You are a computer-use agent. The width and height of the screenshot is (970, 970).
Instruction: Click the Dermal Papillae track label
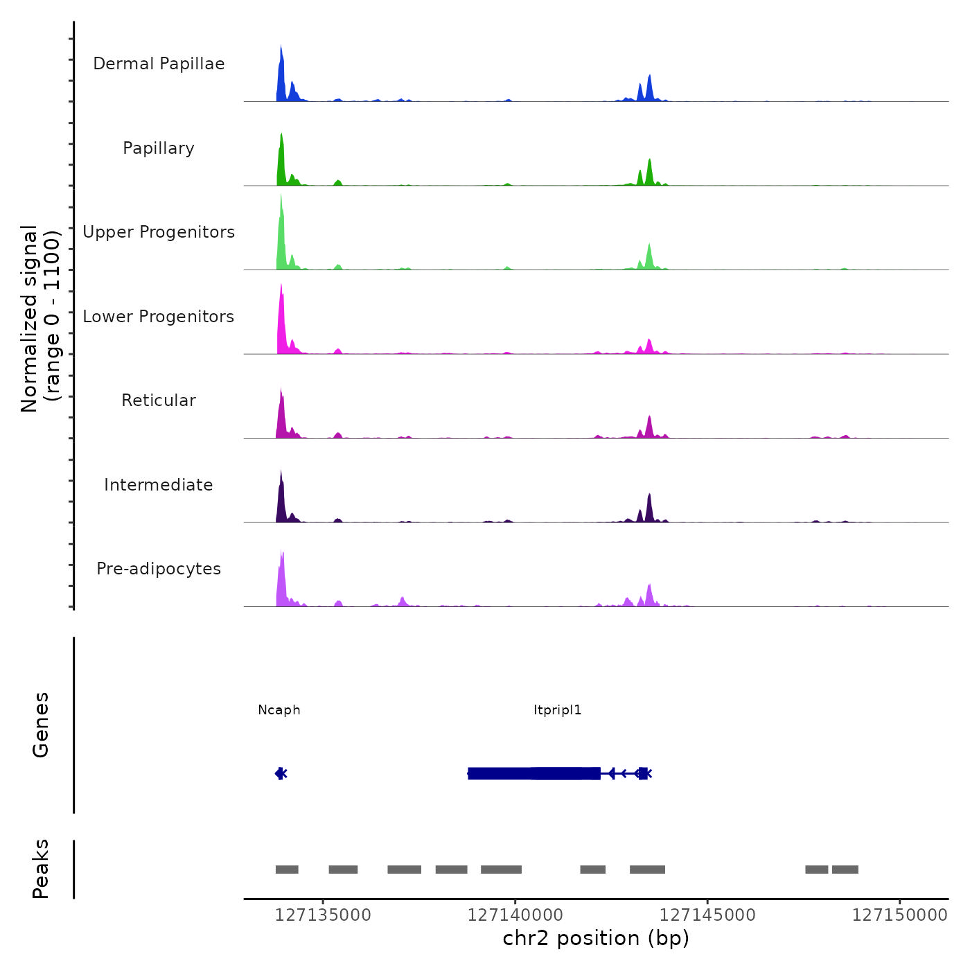pos(159,64)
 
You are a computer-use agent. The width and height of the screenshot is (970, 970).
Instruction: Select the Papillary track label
pos(159,148)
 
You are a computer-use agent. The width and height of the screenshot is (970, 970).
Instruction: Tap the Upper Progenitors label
pos(159,232)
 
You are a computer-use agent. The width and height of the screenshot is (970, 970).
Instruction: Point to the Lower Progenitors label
pos(159,317)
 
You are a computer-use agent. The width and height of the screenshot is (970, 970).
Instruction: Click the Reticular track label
pos(159,400)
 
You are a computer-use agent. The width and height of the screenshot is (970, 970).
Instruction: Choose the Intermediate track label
pos(159,485)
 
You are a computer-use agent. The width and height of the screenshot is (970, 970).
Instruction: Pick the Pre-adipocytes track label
pos(159,569)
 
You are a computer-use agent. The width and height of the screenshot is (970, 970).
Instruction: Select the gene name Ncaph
pos(279,710)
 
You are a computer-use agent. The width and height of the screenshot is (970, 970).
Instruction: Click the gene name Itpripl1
pos(558,710)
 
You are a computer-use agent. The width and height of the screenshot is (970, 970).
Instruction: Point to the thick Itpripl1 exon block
pos(533,773)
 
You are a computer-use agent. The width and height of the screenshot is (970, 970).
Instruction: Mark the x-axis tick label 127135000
pos(323,915)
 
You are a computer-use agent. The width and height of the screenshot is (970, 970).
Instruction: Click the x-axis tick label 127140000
pos(515,915)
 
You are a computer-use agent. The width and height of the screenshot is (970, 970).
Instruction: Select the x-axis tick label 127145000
pos(707,915)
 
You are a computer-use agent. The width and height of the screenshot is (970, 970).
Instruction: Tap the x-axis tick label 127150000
pos(899,915)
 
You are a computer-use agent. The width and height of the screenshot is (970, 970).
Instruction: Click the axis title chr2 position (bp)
pos(596,939)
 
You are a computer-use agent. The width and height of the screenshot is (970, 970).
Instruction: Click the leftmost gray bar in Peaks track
pos(287,870)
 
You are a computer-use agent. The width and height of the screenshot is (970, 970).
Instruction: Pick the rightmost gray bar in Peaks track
pos(845,870)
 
